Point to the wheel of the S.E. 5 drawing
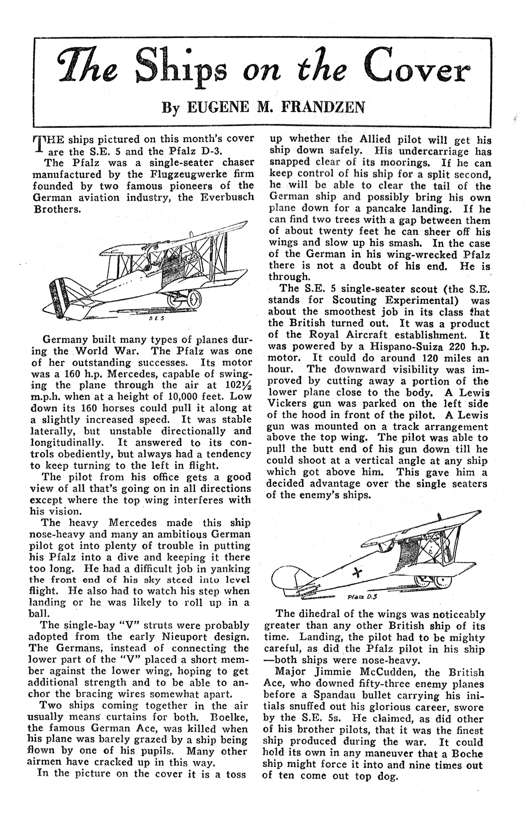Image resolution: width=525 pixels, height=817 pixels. point(194,299)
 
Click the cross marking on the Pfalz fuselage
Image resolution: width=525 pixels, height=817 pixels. point(359,572)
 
